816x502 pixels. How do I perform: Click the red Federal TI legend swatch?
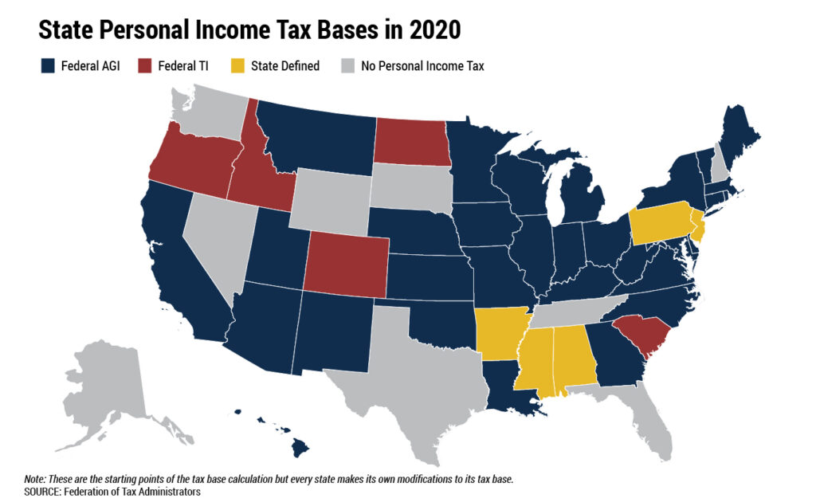147,66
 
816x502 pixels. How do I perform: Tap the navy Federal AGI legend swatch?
47,66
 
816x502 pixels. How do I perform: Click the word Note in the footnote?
35,479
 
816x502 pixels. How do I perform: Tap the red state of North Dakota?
410,141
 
